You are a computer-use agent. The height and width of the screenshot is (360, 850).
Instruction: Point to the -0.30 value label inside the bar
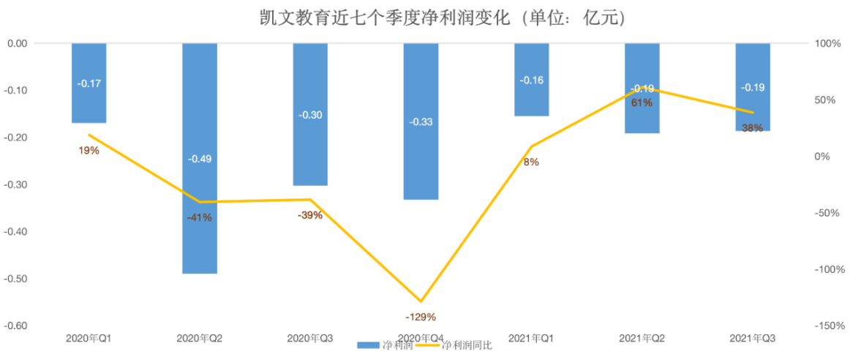tap(310, 115)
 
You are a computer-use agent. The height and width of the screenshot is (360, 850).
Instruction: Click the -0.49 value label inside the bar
tap(200, 159)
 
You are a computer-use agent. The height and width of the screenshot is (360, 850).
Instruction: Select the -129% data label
tap(421, 317)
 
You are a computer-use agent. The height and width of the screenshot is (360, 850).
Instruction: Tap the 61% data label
tap(642, 103)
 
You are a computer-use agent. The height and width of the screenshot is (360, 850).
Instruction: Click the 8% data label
tap(531, 162)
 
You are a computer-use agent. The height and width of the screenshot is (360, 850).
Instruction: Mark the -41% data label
tap(199, 217)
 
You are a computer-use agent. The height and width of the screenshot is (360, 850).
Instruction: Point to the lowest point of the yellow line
tap(421, 301)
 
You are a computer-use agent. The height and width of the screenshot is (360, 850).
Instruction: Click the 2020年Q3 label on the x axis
tap(310, 338)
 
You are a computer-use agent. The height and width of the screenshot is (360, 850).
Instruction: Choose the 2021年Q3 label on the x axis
tap(753, 338)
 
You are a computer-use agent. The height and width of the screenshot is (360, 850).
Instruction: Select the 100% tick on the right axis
tap(829, 44)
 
